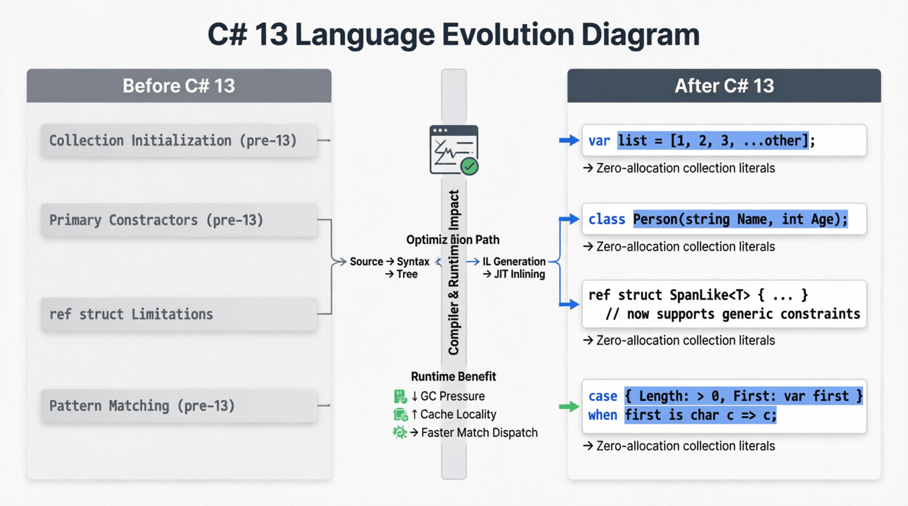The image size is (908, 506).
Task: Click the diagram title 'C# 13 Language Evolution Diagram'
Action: pyautogui.click(x=453, y=35)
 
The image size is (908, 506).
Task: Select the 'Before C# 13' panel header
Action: pyautogui.click(x=179, y=86)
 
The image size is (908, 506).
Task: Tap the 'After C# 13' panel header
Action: pyautogui.click(x=724, y=86)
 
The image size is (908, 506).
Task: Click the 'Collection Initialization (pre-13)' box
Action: pyautogui.click(x=179, y=140)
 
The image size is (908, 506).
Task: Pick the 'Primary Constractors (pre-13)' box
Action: pyautogui.click(x=179, y=220)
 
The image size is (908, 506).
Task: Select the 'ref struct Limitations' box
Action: pyautogui.click(x=179, y=314)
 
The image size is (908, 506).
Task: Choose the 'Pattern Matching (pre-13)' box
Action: pyautogui.click(x=179, y=406)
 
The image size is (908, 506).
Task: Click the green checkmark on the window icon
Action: pyautogui.click(x=469, y=166)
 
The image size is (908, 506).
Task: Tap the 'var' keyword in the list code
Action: pyautogui.click(x=599, y=141)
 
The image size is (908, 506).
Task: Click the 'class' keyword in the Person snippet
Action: pyautogui.click(x=607, y=219)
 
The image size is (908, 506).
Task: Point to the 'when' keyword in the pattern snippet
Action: pyautogui.click(x=602, y=415)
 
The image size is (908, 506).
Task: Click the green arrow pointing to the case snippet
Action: pyautogui.click(x=569, y=406)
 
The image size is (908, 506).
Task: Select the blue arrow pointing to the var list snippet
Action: pyautogui.click(x=569, y=140)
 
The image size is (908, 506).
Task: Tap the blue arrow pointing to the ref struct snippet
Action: pyautogui.click(x=569, y=304)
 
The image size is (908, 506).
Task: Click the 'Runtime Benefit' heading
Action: pyautogui.click(x=453, y=376)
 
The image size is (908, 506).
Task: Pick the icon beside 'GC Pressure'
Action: pyautogui.click(x=400, y=396)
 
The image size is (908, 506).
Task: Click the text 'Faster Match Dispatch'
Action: pyautogui.click(x=479, y=433)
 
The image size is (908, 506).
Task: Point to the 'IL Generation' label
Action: pyautogui.click(x=513, y=262)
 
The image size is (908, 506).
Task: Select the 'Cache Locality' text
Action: pyautogui.click(x=458, y=414)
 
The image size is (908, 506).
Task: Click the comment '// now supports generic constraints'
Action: pyautogui.click(x=732, y=314)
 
